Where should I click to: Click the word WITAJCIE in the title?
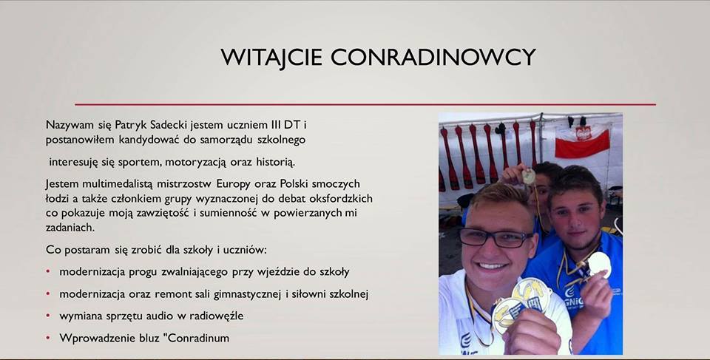pos(271,57)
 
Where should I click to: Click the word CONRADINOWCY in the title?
pos(433,57)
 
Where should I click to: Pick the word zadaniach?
pos(70,228)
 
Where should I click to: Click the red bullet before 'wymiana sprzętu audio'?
pos(48,315)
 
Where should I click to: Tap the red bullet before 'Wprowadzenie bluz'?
pos(48,337)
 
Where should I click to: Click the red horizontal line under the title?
pos(365,104)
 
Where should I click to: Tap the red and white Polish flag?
pos(582,142)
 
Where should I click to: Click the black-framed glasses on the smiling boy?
pos(495,238)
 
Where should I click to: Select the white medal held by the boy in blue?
pos(600,265)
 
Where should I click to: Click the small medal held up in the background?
pos(528,176)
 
